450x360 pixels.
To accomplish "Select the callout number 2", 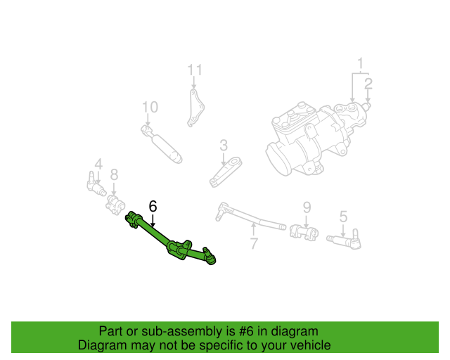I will (368, 84).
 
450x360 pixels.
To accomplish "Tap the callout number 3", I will (224, 146).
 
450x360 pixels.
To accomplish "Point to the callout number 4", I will (98, 164).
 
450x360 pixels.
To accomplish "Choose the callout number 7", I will (253, 243).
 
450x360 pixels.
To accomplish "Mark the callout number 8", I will (114, 174).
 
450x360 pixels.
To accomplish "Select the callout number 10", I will (150, 107).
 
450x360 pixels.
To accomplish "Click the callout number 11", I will (195, 70).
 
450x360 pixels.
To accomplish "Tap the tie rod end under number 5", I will (345, 238).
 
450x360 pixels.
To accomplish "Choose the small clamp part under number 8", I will (115, 205).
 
